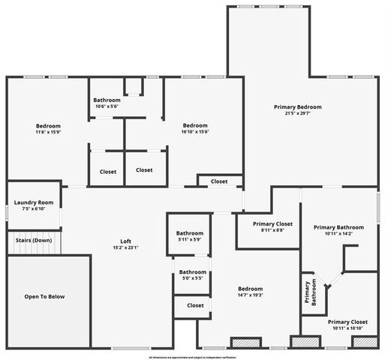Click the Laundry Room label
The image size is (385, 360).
[x=34, y=202]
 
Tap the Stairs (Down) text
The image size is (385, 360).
[x=34, y=240]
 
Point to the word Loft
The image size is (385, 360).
[x=125, y=241]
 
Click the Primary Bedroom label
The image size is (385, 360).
[x=298, y=107]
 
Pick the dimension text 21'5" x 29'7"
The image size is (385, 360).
[x=298, y=114]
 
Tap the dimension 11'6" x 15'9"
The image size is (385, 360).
[x=48, y=133]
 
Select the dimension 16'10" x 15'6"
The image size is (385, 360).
[x=195, y=132]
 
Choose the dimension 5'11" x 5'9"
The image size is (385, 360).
[x=190, y=239]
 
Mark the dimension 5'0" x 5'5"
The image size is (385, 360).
[x=192, y=278]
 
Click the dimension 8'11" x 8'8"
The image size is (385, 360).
[x=272, y=230]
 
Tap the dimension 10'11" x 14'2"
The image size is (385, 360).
[x=338, y=234]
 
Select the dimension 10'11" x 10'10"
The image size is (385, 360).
[x=345, y=328]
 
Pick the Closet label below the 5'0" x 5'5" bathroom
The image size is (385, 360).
[x=195, y=305]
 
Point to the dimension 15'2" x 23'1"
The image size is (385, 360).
[x=125, y=247]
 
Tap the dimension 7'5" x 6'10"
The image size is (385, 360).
[x=34, y=208]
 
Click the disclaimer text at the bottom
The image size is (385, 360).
[x=192, y=357]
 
